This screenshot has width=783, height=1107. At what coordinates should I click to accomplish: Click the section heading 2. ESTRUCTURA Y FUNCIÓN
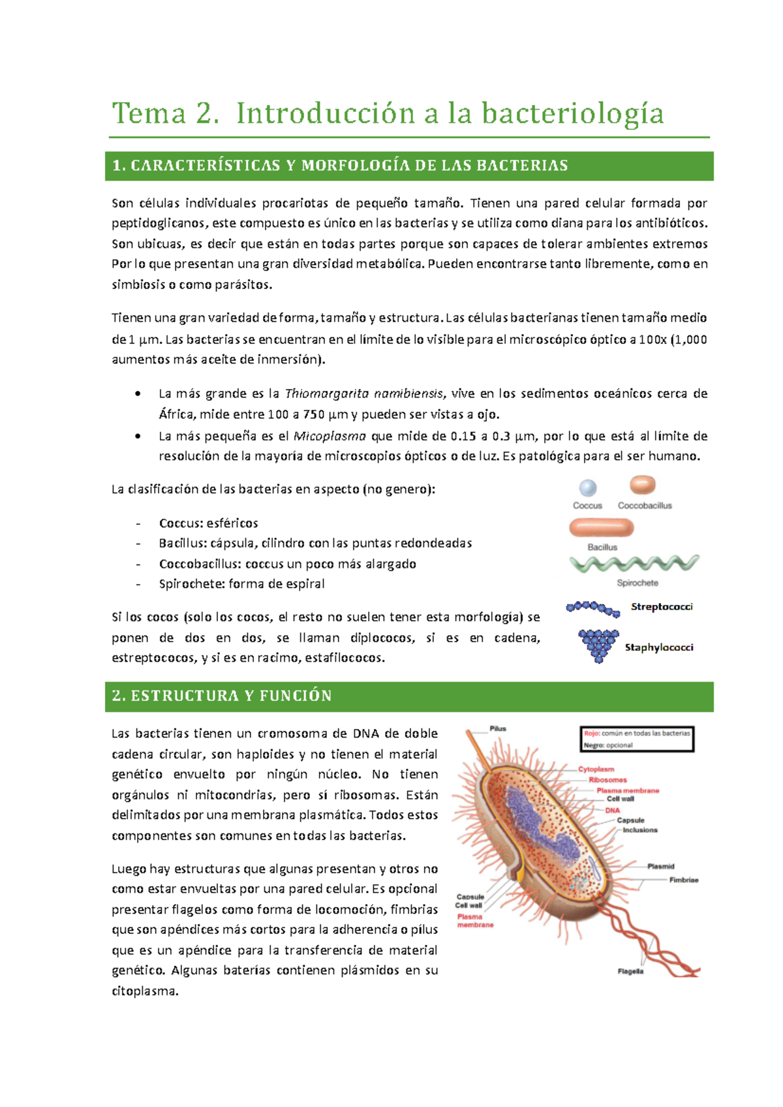pos(222,696)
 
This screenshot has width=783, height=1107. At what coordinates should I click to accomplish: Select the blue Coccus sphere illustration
pos(588,488)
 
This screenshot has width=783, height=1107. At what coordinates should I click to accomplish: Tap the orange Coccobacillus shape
pos(643,485)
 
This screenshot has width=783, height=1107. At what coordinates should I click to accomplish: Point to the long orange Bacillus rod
pos(601,527)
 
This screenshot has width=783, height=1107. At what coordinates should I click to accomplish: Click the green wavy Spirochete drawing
pos(634,563)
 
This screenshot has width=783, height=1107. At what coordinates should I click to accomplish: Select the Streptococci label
pos(662,606)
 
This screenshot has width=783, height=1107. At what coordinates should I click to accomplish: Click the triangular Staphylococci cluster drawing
pos(598,645)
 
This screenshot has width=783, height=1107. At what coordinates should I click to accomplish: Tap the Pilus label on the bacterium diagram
pos(498,728)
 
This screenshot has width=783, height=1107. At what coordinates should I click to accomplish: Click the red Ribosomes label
pos(607,780)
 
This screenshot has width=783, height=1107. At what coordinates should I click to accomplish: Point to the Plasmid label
pos(660,866)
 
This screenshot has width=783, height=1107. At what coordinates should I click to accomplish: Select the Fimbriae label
pos(683,880)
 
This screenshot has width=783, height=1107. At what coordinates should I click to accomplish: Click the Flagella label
pos(630,971)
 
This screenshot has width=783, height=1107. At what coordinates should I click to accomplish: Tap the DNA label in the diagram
pos(612,810)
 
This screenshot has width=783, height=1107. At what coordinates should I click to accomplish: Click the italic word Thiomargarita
pos(327,394)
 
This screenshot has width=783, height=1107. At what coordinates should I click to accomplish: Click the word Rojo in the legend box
pos(591,734)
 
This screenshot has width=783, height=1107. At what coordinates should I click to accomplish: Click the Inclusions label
pos(639,830)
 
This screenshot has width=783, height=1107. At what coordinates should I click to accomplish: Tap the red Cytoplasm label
pos(596,770)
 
